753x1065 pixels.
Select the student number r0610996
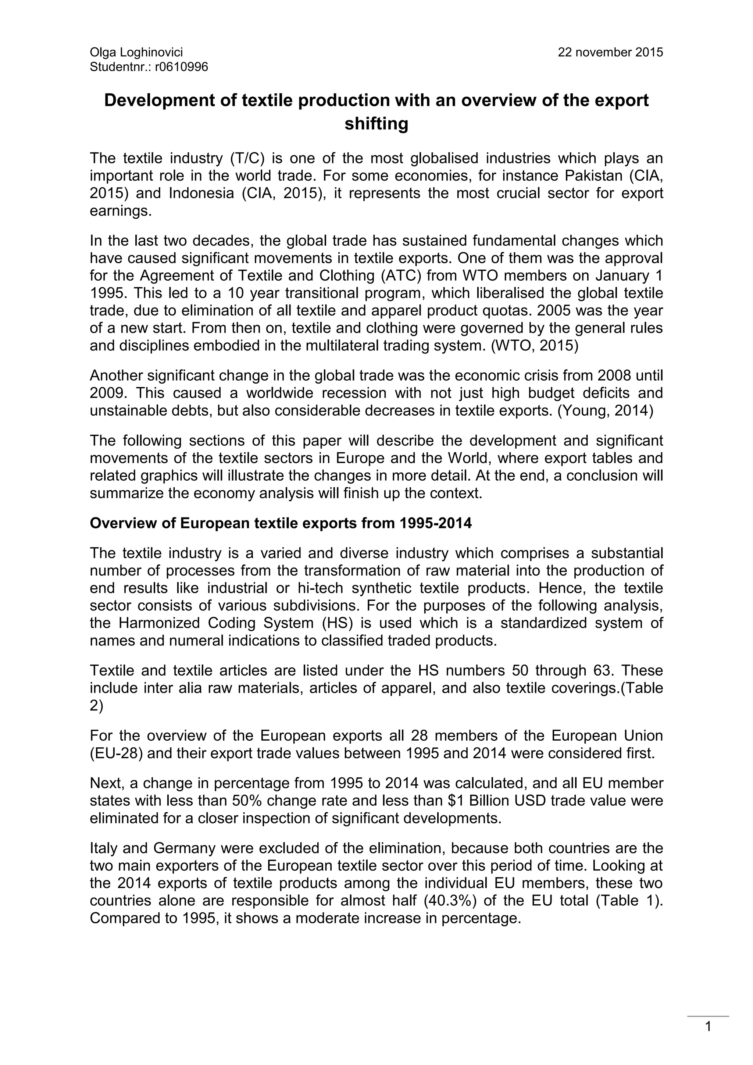click(x=182, y=67)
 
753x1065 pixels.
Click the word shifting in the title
click(x=376, y=124)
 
